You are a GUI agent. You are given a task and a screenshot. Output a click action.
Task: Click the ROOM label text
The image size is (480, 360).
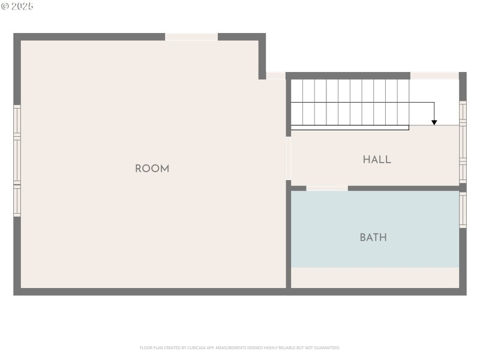click(152, 169)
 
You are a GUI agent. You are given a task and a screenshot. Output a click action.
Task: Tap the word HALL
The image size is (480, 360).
click(377, 160)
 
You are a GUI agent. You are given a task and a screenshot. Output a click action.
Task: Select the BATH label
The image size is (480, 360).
click(373, 238)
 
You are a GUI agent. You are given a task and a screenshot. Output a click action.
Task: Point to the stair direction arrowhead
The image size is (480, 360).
click(434, 122)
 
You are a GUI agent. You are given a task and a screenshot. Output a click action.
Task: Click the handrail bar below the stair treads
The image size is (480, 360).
click(350, 127)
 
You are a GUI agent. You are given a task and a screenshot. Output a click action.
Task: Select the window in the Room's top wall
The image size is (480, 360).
click(191, 37)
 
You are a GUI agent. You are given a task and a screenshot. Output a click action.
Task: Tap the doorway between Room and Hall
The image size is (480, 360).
click(288, 158)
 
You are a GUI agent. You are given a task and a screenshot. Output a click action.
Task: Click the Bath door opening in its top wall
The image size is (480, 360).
click(327, 188)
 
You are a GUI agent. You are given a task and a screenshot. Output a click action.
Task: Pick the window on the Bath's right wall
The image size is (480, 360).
click(463, 209)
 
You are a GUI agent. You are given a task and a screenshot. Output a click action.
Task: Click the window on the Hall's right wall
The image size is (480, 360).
click(463, 142)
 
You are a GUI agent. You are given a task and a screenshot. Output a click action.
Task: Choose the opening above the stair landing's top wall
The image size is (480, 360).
click(434, 76)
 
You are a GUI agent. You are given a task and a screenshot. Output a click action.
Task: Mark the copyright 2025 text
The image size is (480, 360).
click(17, 6)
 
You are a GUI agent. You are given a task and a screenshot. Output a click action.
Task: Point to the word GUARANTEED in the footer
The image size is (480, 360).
click(326, 348)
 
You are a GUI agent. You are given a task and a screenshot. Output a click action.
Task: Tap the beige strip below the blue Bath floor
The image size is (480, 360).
click(375, 277)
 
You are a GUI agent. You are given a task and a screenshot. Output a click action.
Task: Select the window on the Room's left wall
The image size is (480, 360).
click(17, 161)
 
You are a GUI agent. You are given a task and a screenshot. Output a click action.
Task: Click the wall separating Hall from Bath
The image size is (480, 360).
click(402, 188)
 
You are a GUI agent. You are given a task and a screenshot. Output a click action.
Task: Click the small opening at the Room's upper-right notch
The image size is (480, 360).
click(275, 76)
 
